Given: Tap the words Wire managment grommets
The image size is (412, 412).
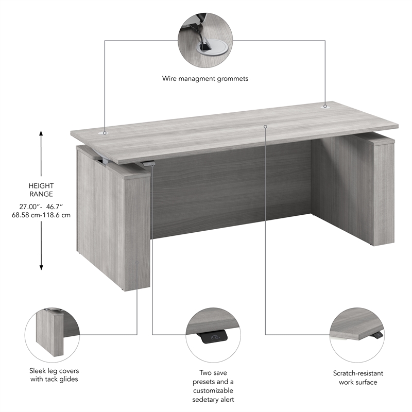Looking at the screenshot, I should pos(205,79).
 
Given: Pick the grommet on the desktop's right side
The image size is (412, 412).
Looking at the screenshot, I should pos(325,106).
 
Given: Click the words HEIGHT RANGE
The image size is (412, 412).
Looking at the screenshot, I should pos(41,190).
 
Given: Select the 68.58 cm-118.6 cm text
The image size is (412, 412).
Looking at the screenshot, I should pos(41,215).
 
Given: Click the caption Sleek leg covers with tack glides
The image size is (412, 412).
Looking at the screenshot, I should pos(54,375).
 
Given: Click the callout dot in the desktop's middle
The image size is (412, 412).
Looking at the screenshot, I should pos(266,126).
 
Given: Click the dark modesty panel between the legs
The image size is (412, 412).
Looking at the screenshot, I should pos(232,191).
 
